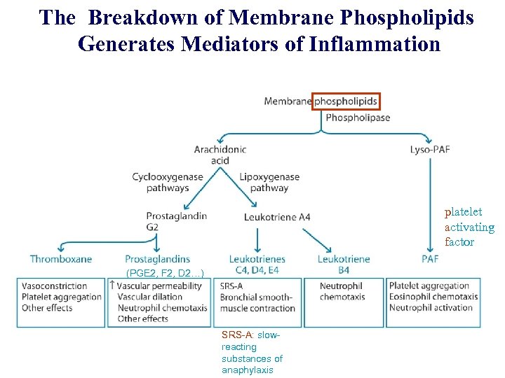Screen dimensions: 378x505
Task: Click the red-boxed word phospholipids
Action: (346, 101)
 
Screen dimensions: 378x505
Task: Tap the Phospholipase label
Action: (358, 118)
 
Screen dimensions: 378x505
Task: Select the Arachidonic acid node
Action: (220, 155)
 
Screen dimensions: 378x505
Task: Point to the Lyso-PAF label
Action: (430, 149)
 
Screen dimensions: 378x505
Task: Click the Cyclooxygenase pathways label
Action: (168, 182)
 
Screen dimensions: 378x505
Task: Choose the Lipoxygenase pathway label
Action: (269, 182)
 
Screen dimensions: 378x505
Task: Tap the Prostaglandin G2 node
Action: (176, 221)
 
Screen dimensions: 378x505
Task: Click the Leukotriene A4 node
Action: (277, 217)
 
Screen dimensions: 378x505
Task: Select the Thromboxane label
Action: (61, 259)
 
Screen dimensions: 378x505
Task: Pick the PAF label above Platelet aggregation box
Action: (431, 259)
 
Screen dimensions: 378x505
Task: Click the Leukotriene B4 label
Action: (344, 264)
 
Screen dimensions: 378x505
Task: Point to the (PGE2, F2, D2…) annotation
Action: (165, 272)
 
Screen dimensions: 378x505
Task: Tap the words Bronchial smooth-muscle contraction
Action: (257, 302)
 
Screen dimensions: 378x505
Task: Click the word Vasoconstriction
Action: (55, 286)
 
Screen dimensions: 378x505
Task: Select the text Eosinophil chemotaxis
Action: (433, 297)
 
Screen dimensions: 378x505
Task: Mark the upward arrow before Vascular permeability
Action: (112, 285)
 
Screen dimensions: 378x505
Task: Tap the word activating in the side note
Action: (469, 227)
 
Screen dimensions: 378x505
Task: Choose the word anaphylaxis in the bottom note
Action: (248, 370)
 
